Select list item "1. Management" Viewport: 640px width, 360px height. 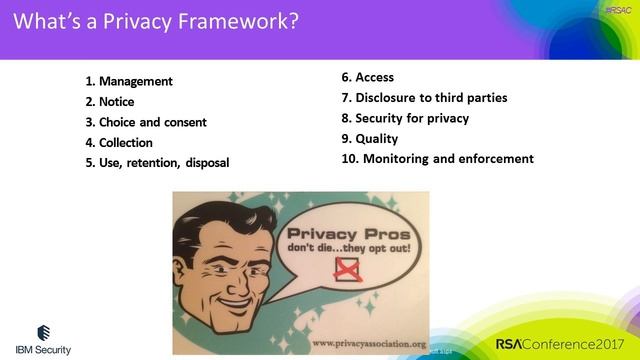click(x=129, y=81)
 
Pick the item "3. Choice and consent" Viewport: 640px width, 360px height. click(x=146, y=122)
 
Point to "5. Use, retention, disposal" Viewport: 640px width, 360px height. click(x=157, y=163)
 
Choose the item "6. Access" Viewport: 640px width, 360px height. click(x=368, y=77)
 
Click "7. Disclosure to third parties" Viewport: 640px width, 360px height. click(x=424, y=97)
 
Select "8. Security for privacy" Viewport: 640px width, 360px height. click(x=405, y=118)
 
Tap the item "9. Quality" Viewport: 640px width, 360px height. click(x=370, y=138)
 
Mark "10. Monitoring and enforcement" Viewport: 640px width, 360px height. click(x=438, y=158)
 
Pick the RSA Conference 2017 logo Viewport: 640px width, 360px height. click(x=561, y=344)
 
